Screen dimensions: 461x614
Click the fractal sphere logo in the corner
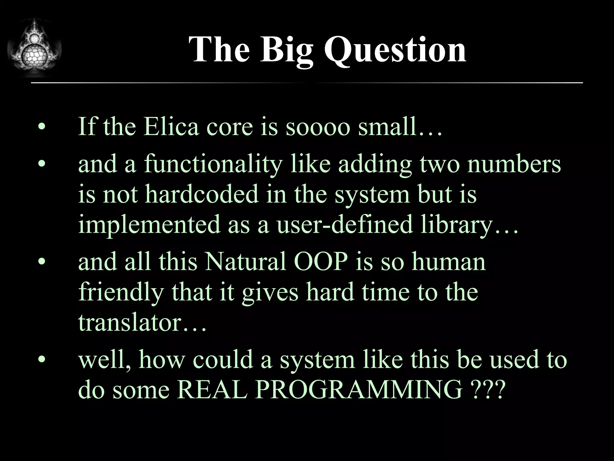[x=34, y=48]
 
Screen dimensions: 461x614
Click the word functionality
[x=213, y=164]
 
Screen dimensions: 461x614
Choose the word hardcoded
[x=202, y=194]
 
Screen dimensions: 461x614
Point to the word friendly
[x=121, y=293]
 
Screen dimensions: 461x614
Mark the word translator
[x=130, y=323]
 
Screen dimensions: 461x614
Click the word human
[x=449, y=262]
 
